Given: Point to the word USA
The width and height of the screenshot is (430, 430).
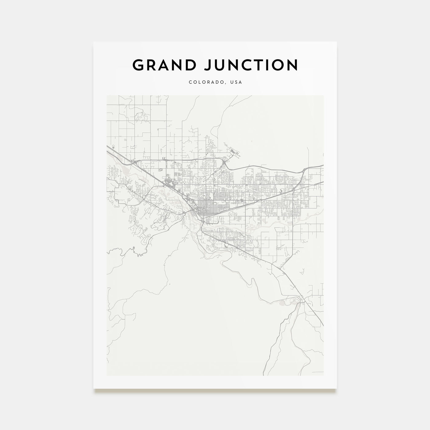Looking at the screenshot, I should click(x=236, y=82).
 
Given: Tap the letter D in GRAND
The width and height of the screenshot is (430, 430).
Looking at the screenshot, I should click(x=190, y=65).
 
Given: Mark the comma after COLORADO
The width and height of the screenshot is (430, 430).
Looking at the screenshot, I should click(x=226, y=84).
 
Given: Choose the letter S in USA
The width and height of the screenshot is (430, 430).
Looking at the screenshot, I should click(x=236, y=82).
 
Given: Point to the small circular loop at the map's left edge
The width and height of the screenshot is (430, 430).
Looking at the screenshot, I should click(x=113, y=148).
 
